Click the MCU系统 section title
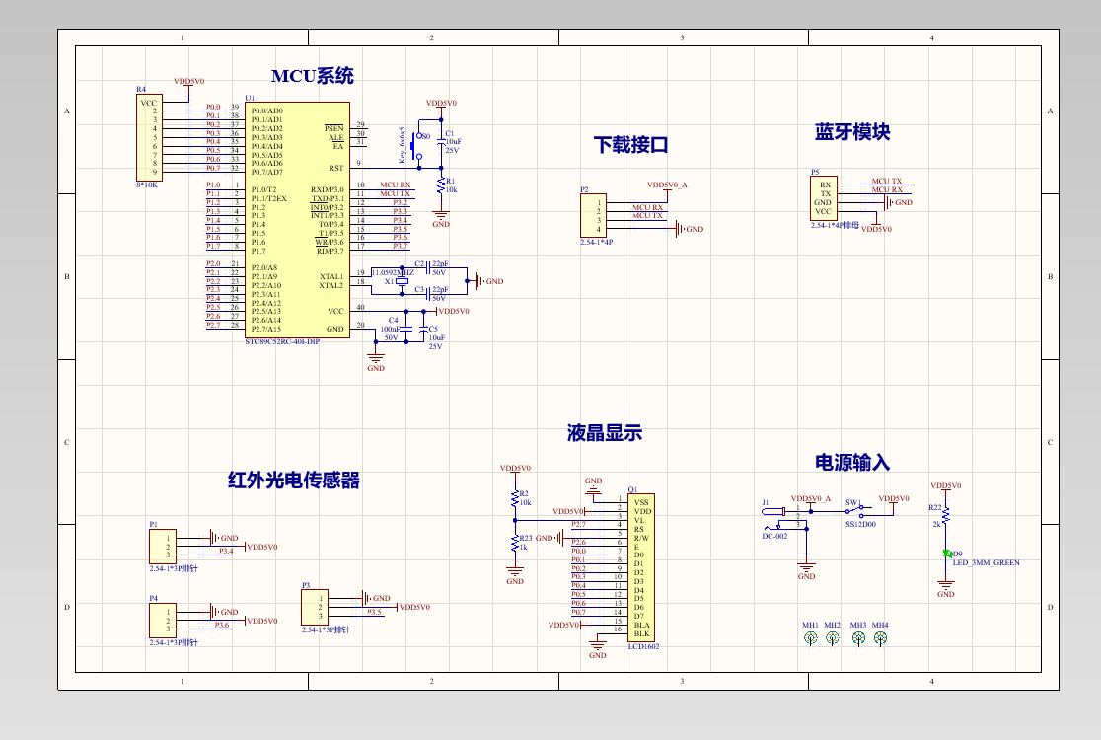[x=312, y=76]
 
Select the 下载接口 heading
[x=631, y=145]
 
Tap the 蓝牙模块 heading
[x=852, y=131]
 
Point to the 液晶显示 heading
[x=605, y=433]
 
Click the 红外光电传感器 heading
[x=294, y=481]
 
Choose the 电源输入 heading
[x=852, y=462]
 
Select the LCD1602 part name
[x=644, y=647]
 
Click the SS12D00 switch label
[x=860, y=525]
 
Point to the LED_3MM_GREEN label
[x=986, y=562]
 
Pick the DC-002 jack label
[x=774, y=536]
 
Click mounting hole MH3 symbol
[x=858, y=638]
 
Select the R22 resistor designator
[x=935, y=507]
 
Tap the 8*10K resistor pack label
[x=146, y=185]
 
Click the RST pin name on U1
[x=336, y=168]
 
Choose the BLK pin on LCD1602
[x=641, y=633]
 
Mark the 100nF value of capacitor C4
[x=391, y=329]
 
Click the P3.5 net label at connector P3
[x=374, y=612]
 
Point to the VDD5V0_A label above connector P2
[x=667, y=185]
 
